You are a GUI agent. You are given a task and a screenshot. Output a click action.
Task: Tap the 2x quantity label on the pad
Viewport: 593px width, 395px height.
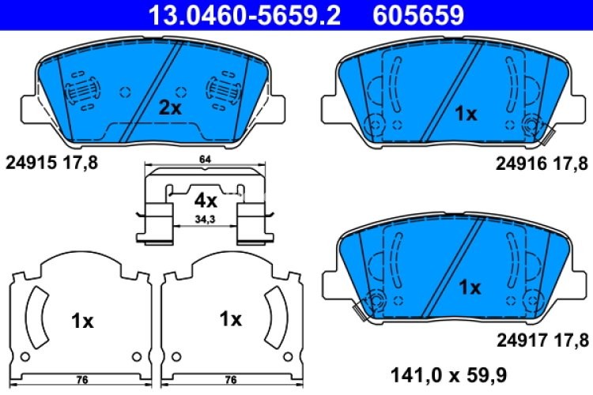pos(170,108)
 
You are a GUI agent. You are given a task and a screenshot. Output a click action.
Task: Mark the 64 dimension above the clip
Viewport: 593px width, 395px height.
pos(205,161)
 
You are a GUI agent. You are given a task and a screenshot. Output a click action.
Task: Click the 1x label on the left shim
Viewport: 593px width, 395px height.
pos(82,321)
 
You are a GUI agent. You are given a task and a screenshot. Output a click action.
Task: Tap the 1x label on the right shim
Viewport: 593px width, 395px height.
pos(230,319)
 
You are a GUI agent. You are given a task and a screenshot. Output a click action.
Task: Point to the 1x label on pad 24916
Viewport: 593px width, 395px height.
pos(465,114)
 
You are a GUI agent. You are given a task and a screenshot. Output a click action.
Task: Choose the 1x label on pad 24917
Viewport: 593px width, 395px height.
pos(470,288)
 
